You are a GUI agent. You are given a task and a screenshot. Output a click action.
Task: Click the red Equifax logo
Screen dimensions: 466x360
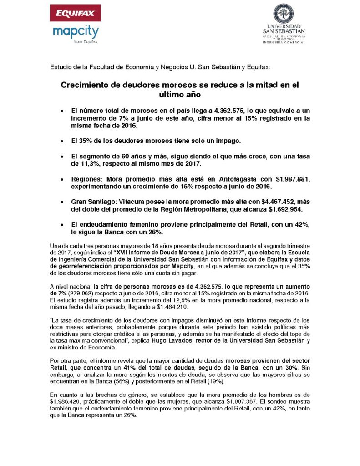pyautogui.click(x=75, y=13)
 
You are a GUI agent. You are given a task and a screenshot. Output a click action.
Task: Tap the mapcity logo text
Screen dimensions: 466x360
pyautogui.click(x=76, y=32)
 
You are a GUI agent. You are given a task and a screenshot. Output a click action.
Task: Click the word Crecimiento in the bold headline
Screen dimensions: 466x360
pyautogui.click(x=89, y=85)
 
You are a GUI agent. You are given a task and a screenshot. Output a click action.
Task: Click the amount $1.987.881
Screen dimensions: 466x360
pyautogui.click(x=278, y=178)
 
